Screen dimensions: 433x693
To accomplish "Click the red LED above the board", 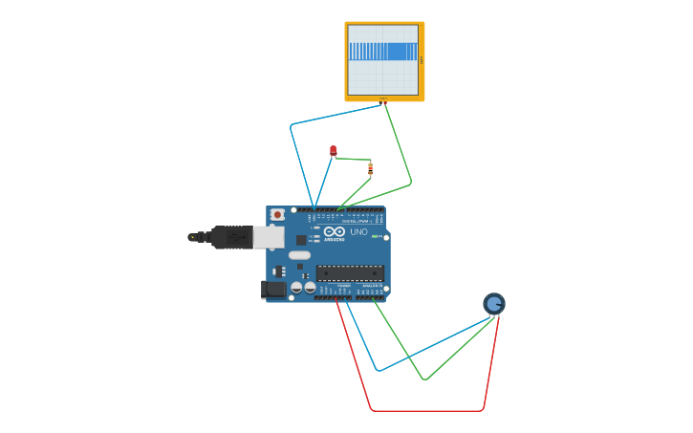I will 333,149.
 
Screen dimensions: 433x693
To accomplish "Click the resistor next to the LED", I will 370,168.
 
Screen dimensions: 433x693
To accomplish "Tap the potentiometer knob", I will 493,304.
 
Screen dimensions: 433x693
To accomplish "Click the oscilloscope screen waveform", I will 383,52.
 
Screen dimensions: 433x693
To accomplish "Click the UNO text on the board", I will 358,232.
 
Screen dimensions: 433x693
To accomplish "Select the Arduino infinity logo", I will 334,231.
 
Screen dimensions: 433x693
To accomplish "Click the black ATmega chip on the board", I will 350,273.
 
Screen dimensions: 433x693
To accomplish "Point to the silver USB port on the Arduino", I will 269,237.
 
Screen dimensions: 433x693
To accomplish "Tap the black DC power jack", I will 272,289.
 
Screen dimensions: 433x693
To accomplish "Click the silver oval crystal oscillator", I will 299,255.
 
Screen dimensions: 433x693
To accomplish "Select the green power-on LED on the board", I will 376,236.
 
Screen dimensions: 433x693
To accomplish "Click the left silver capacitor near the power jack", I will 296,287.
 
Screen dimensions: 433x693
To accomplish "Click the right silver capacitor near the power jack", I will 310,287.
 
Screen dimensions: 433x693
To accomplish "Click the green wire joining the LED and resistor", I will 352,159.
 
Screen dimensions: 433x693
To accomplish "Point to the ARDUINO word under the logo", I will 334,239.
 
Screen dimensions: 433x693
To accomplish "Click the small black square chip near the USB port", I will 301,240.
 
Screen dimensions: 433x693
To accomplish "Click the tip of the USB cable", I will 192,236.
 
